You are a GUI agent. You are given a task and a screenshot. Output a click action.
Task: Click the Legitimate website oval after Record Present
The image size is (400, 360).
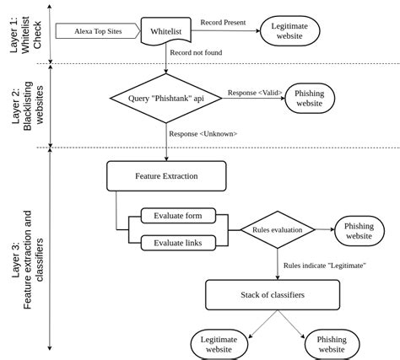tap(290, 32)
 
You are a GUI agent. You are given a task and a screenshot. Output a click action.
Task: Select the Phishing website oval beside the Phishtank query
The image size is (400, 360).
tap(310, 98)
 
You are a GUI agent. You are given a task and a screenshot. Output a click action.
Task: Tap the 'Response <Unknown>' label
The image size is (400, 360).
tap(203, 133)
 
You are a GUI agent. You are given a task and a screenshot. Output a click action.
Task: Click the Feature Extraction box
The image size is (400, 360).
tap(166, 176)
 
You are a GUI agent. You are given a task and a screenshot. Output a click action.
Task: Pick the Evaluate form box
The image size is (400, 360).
tap(177, 216)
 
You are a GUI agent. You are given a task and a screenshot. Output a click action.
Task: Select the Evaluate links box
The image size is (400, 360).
tap(177, 243)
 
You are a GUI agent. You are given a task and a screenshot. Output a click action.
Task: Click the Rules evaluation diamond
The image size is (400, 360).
tap(278, 229)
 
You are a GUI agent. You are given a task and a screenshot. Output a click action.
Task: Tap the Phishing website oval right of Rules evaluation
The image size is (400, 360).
tap(359, 230)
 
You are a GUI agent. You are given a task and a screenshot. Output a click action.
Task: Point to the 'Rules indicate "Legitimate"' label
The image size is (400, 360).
tap(324, 265)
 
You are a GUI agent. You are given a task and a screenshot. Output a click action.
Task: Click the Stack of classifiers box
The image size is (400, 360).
tap(273, 294)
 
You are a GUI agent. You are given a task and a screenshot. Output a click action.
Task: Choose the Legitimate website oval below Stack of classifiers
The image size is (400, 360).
tap(219, 343)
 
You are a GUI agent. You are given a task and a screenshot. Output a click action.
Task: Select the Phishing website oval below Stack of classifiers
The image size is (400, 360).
tap(330, 343)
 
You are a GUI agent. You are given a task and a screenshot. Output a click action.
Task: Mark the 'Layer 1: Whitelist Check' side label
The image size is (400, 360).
tap(25, 34)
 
